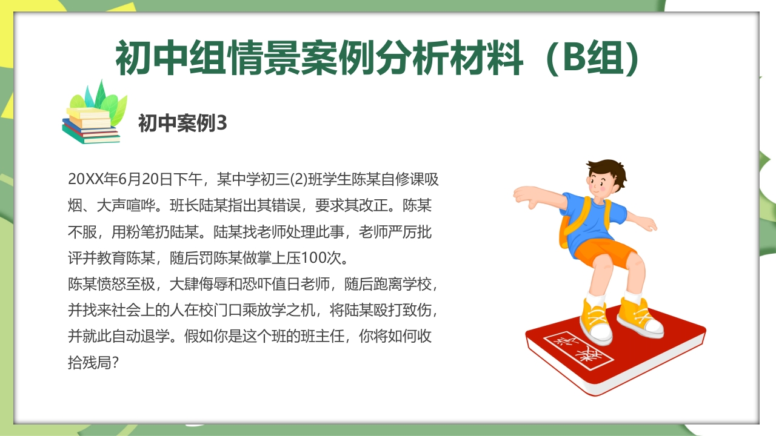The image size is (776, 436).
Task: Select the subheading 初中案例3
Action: point(182,124)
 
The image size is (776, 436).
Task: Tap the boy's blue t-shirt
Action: point(591,216)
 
